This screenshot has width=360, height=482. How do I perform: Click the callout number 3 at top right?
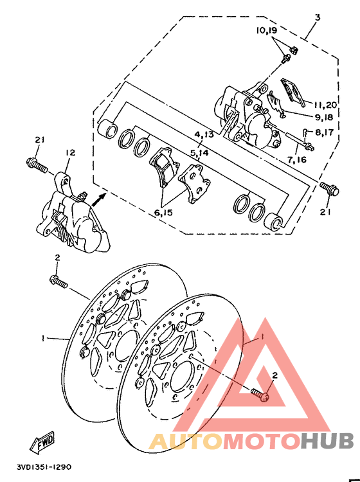point(317,17)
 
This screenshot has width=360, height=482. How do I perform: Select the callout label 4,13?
point(204,134)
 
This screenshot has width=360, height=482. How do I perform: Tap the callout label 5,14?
point(199,154)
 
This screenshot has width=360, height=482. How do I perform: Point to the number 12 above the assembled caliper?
point(70,153)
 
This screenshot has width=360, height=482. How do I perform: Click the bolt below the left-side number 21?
point(38,165)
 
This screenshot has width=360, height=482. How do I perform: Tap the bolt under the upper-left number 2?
point(58,281)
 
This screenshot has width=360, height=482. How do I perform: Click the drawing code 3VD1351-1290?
point(44,468)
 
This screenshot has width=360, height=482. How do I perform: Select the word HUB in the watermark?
point(327,441)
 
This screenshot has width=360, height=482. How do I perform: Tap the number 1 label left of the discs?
point(44,337)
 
